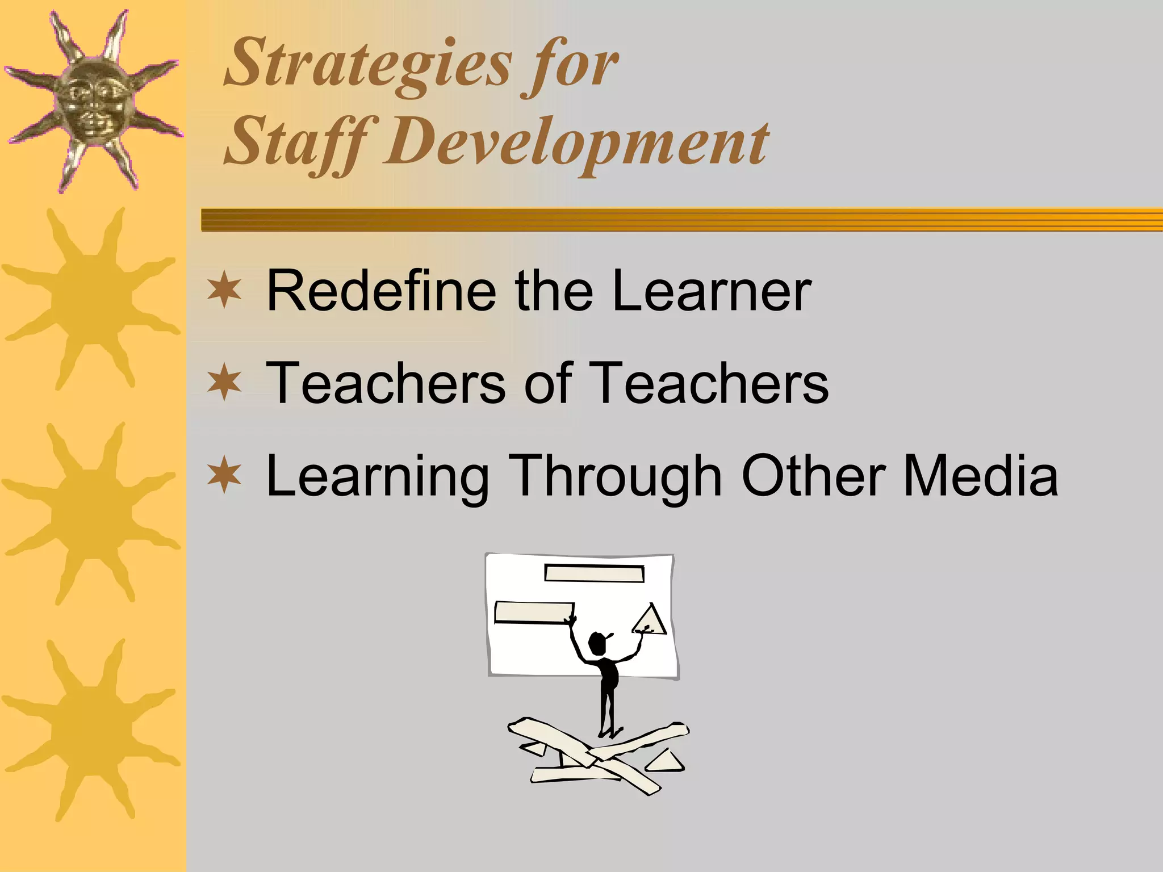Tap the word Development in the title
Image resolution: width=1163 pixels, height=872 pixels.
pyautogui.click(x=576, y=142)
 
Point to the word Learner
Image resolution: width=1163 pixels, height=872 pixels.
pyautogui.click(x=712, y=291)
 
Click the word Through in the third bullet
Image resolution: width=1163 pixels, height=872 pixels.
pyautogui.click(x=616, y=476)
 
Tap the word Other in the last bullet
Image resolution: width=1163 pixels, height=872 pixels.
pyautogui.click(x=813, y=476)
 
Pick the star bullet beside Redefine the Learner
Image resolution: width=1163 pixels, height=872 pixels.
pyautogui.click(x=224, y=291)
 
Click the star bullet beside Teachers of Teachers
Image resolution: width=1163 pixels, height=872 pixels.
pyautogui.click(x=224, y=383)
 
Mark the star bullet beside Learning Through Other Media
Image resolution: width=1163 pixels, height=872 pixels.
pyautogui.click(x=224, y=476)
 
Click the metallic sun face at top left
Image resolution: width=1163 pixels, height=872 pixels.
pyautogui.click(x=94, y=102)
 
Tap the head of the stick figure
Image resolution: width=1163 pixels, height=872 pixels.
pyautogui.click(x=597, y=643)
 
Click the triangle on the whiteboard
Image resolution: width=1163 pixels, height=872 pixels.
pyautogui.click(x=651, y=620)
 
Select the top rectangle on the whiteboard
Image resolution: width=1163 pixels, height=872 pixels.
pyautogui.click(x=594, y=573)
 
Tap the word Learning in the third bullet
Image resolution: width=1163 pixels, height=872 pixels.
pyautogui.click(x=378, y=476)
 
